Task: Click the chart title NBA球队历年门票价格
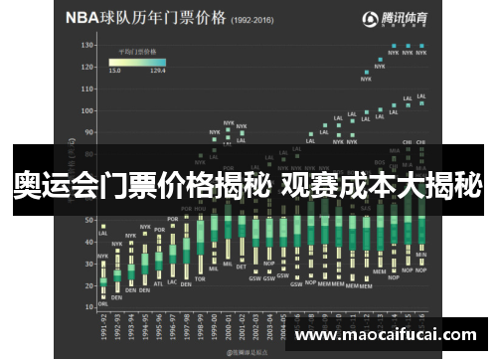coord(144,19)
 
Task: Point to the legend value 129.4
coord(157,72)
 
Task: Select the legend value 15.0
coord(115,72)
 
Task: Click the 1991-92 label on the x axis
coord(103,326)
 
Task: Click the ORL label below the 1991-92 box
coord(103,304)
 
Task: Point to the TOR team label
coord(200,278)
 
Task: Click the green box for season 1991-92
coord(103,281)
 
